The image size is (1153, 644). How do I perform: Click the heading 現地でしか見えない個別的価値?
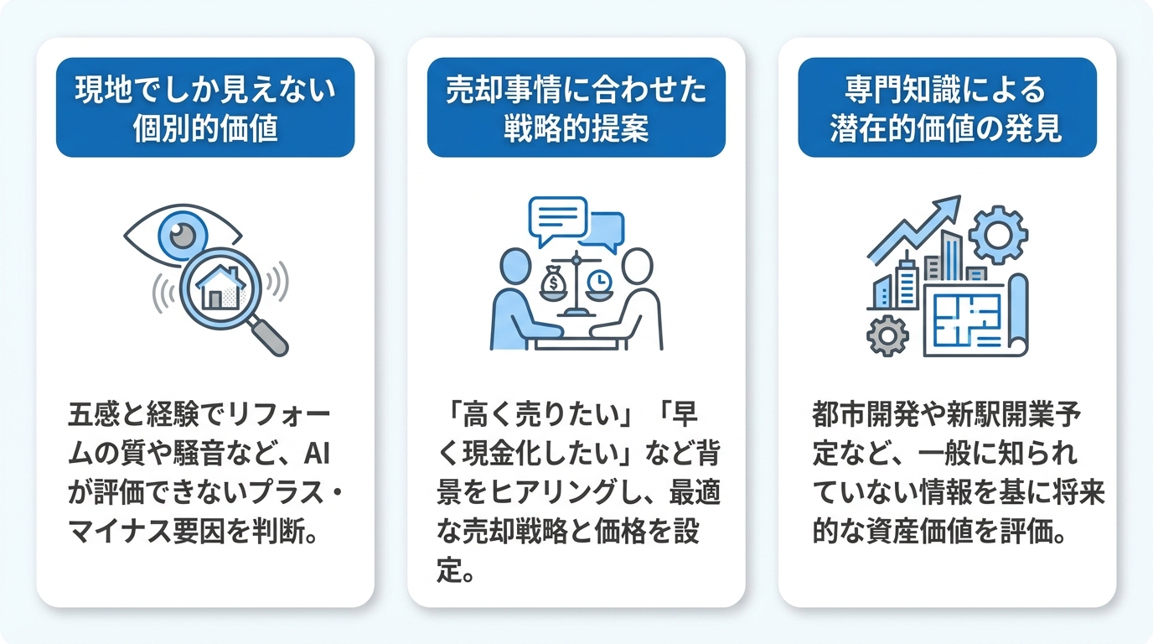(205, 108)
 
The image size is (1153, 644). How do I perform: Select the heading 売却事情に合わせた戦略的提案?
(576, 108)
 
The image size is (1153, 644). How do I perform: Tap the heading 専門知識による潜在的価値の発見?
(947, 108)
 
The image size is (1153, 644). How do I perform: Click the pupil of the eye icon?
(182, 236)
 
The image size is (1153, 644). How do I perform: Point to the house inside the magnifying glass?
(220, 288)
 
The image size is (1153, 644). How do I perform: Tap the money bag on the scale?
(553, 281)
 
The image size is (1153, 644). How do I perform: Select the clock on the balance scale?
(598, 282)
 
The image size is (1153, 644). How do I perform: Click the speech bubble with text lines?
(557, 220)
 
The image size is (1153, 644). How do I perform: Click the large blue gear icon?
(998, 235)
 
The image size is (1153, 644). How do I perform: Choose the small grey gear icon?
(887, 336)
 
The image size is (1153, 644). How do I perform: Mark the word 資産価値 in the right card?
(918, 531)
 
